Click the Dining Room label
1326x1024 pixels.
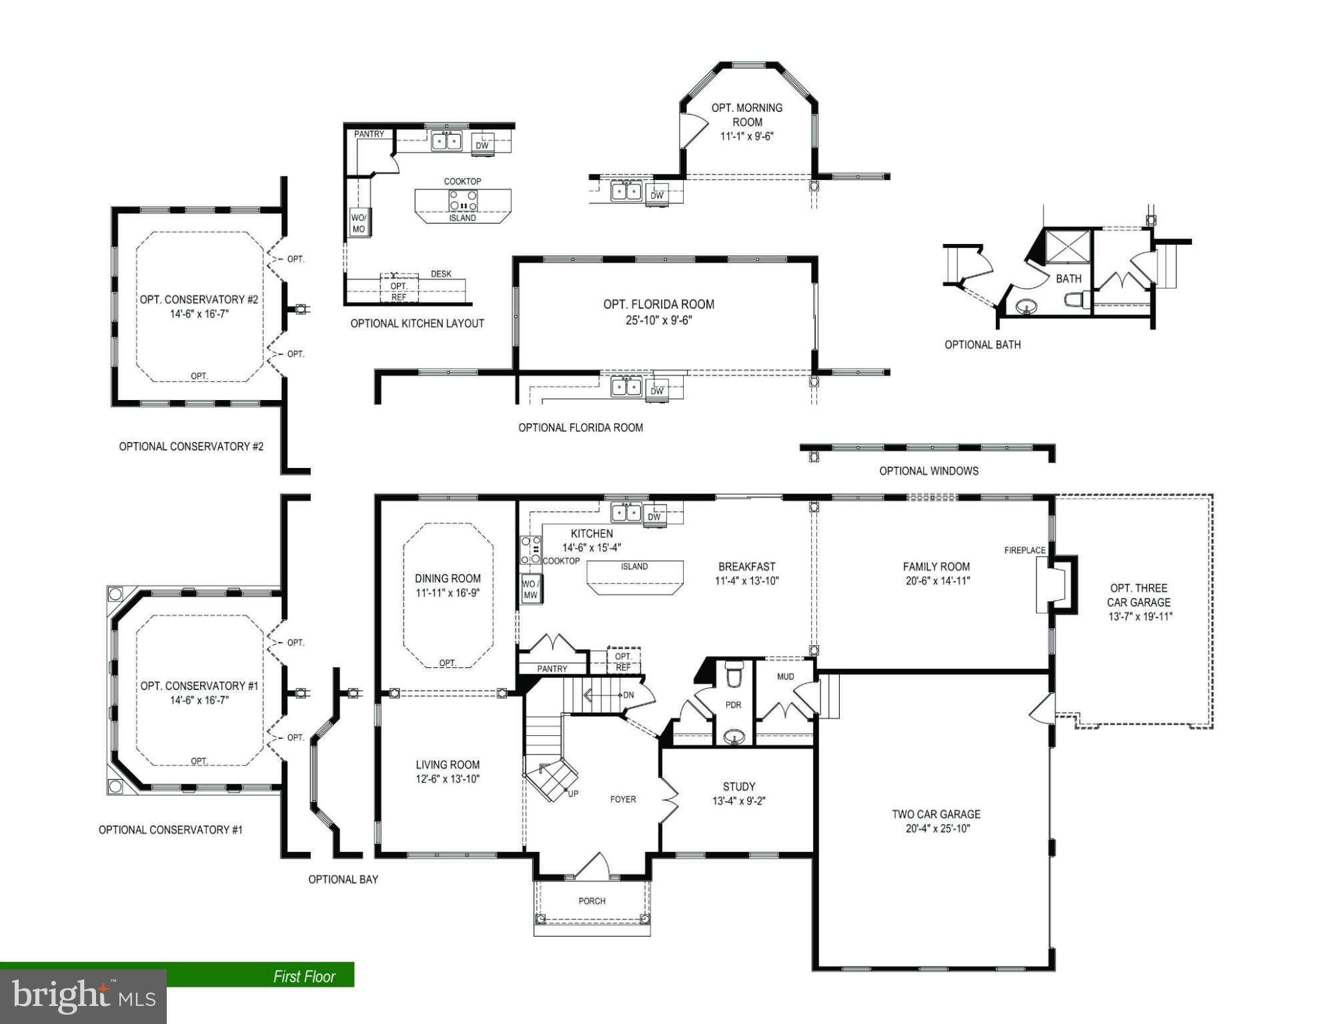(448, 579)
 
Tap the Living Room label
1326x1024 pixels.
(448, 765)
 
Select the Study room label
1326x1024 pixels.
(739, 787)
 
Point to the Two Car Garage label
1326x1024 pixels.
(936, 814)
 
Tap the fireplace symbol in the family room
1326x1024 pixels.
(1057, 584)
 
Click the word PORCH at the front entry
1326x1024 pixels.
(592, 901)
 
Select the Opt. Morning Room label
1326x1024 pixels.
(747, 115)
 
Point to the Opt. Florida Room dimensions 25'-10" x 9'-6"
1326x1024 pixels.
(659, 320)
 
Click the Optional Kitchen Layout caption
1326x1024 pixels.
(418, 323)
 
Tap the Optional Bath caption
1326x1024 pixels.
(982, 345)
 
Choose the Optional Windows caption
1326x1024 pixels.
(929, 471)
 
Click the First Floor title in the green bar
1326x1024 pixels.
(304, 977)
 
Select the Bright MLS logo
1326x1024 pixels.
(83, 996)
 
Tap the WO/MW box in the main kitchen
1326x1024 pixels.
(531, 589)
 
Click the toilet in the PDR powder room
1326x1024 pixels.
(734, 675)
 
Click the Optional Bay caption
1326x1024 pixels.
(343, 879)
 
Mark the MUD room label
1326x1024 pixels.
(786, 677)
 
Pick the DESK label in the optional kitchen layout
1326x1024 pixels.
(441, 274)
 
